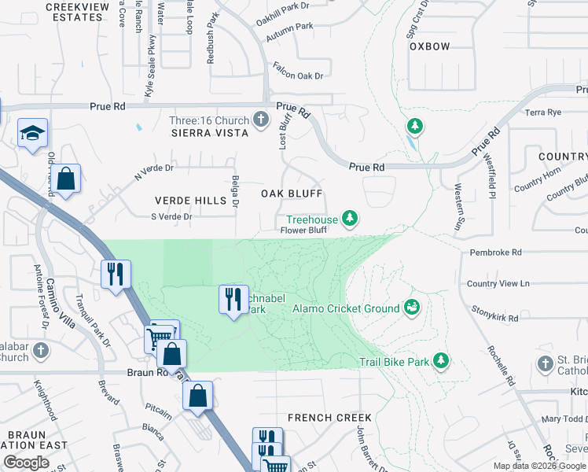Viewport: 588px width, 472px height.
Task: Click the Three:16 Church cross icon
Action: [262, 120]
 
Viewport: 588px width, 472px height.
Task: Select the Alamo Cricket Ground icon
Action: [410, 308]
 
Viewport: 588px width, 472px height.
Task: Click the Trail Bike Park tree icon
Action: [442, 361]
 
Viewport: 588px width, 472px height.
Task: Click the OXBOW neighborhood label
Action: [430, 46]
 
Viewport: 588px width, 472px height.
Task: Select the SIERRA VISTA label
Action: [210, 133]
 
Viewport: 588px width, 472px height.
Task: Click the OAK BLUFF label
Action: [292, 194]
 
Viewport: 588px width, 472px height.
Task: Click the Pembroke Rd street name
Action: [495, 253]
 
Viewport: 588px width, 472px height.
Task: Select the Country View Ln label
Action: [498, 283]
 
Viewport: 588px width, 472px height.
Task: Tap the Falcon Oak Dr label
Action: [298, 75]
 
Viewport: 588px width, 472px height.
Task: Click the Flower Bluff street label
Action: [303, 230]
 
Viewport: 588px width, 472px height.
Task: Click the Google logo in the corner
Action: [26, 463]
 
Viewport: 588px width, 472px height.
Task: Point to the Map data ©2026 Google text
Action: [538, 466]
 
